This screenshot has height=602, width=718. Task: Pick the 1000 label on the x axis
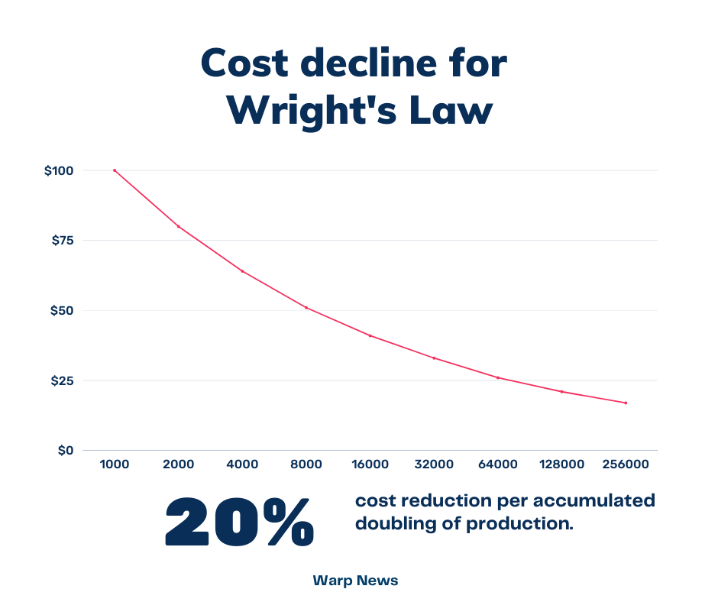[115, 464]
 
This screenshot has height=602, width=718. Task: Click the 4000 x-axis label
[242, 464]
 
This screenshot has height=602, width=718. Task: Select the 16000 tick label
[370, 464]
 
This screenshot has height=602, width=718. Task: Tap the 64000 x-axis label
[498, 464]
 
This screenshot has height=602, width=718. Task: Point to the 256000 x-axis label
[626, 464]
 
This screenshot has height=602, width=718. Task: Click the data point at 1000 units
[115, 170]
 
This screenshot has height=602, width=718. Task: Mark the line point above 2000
[179, 226]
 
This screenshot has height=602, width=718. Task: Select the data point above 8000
[306, 307]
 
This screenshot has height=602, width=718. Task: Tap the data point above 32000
[434, 358]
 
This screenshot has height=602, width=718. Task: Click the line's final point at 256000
[626, 403]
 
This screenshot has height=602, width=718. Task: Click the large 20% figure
[239, 522]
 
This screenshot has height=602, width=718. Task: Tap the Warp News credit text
[355, 581]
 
